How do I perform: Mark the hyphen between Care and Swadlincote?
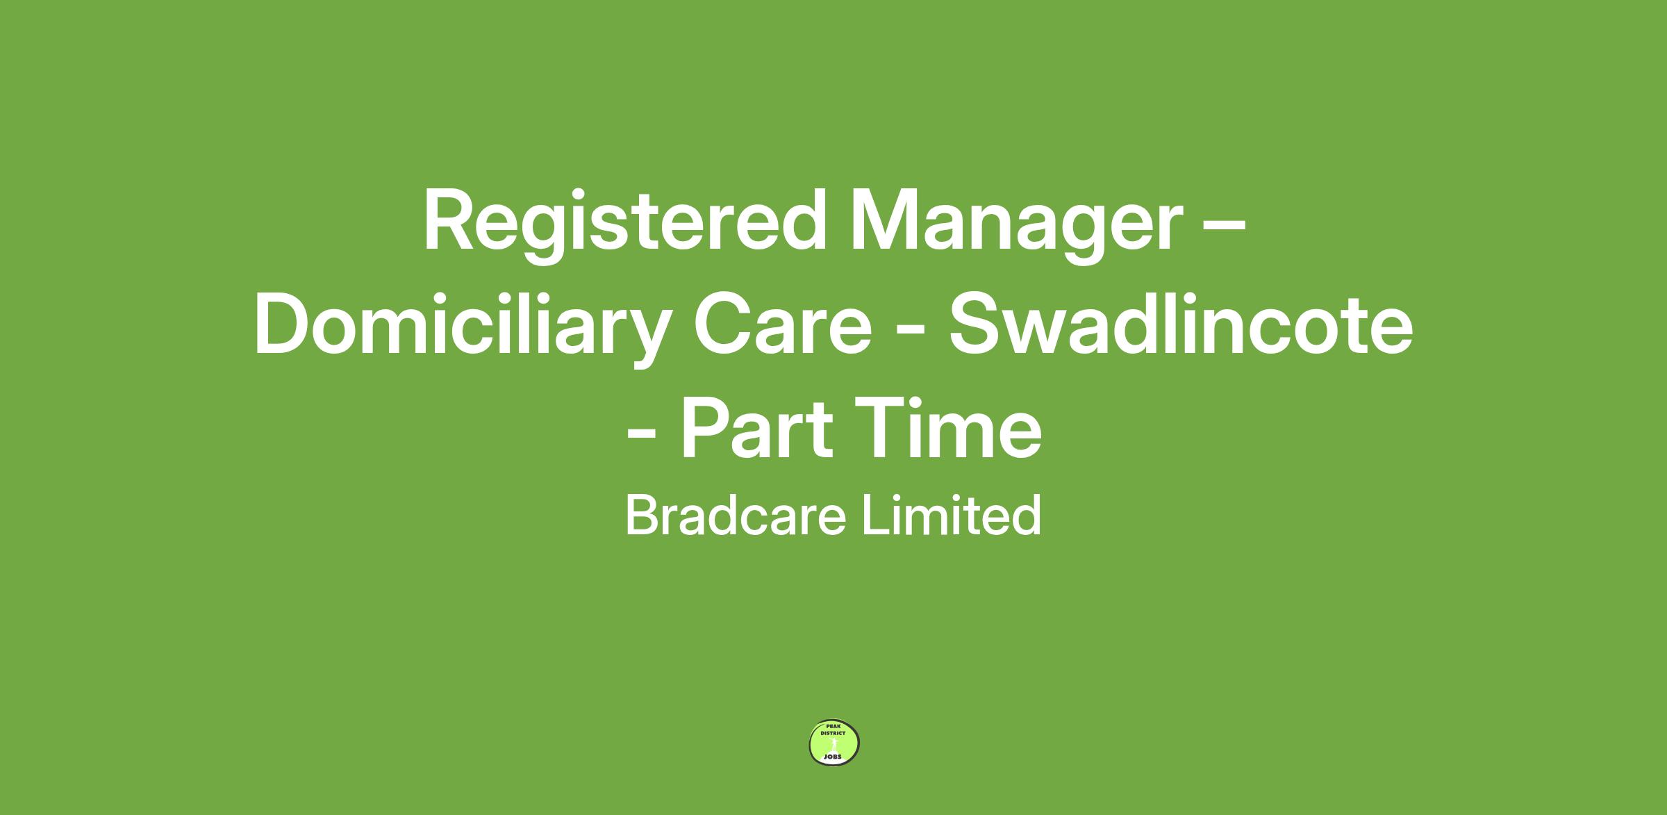tap(911, 332)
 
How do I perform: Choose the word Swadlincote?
tap(1181, 325)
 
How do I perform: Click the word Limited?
tap(952, 515)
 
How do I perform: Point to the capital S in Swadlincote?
tap(977, 325)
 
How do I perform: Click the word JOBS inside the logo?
tap(833, 757)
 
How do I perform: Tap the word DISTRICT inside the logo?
tap(833, 734)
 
